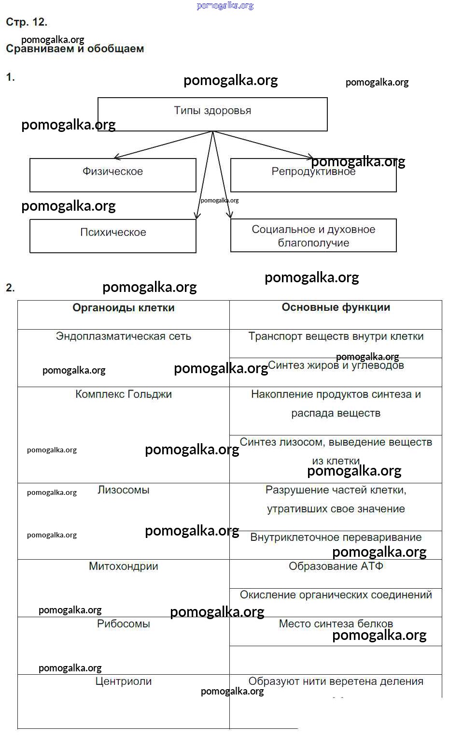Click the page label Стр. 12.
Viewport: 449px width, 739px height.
[x=27, y=22]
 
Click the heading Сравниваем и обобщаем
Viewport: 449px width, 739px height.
[x=75, y=49]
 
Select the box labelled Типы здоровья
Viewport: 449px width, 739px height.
[x=212, y=114]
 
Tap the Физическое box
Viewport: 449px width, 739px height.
[x=112, y=174]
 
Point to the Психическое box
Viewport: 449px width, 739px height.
[x=113, y=235]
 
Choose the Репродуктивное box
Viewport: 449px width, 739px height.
[x=313, y=174]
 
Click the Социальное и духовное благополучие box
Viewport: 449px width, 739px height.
[x=313, y=235]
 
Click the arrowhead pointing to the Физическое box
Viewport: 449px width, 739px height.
[x=116, y=157]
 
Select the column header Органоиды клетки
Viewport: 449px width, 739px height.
[x=124, y=308]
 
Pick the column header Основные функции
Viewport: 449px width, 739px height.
[x=336, y=307]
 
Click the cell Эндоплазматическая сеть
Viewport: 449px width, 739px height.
[x=124, y=336]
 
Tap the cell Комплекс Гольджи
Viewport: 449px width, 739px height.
[x=124, y=394]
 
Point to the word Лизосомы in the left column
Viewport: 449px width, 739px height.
[x=124, y=490]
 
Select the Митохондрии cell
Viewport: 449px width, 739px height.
[x=124, y=566]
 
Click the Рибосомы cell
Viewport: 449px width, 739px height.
[x=124, y=624]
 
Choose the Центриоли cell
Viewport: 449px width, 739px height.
[x=124, y=681]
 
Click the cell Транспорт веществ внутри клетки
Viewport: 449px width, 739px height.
[x=336, y=336]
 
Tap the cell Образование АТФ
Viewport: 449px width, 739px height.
[x=336, y=566]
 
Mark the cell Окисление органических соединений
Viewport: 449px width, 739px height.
[x=336, y=595]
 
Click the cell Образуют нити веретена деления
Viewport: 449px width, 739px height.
[x=336, y=681]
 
